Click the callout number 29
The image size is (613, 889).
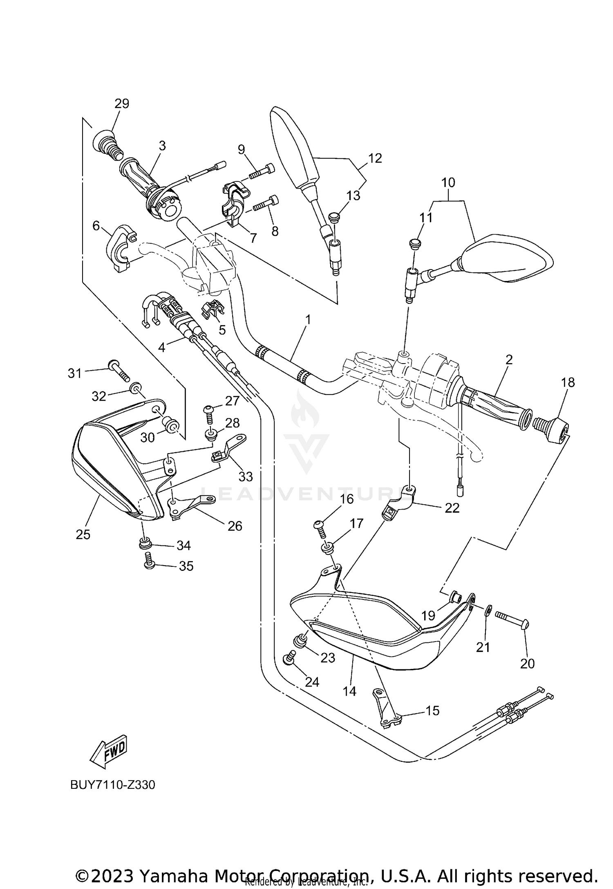point(121,104)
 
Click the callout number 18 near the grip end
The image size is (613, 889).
point(568,382)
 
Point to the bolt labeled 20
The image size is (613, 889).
point(512,625)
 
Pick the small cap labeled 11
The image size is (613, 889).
point(413,243)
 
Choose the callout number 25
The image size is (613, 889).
point(83,534)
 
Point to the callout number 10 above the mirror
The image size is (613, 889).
point(448,182)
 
